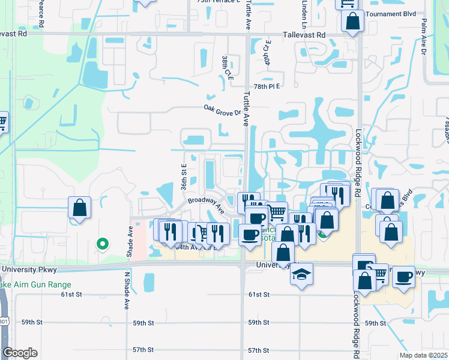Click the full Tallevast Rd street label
[305, 35]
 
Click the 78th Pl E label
[267, 86]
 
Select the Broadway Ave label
[205, 205]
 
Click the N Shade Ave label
[127, 290]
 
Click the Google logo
[20, 353]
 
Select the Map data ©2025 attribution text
[423, 355]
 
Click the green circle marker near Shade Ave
[102, 244]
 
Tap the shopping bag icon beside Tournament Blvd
[353, 22]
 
